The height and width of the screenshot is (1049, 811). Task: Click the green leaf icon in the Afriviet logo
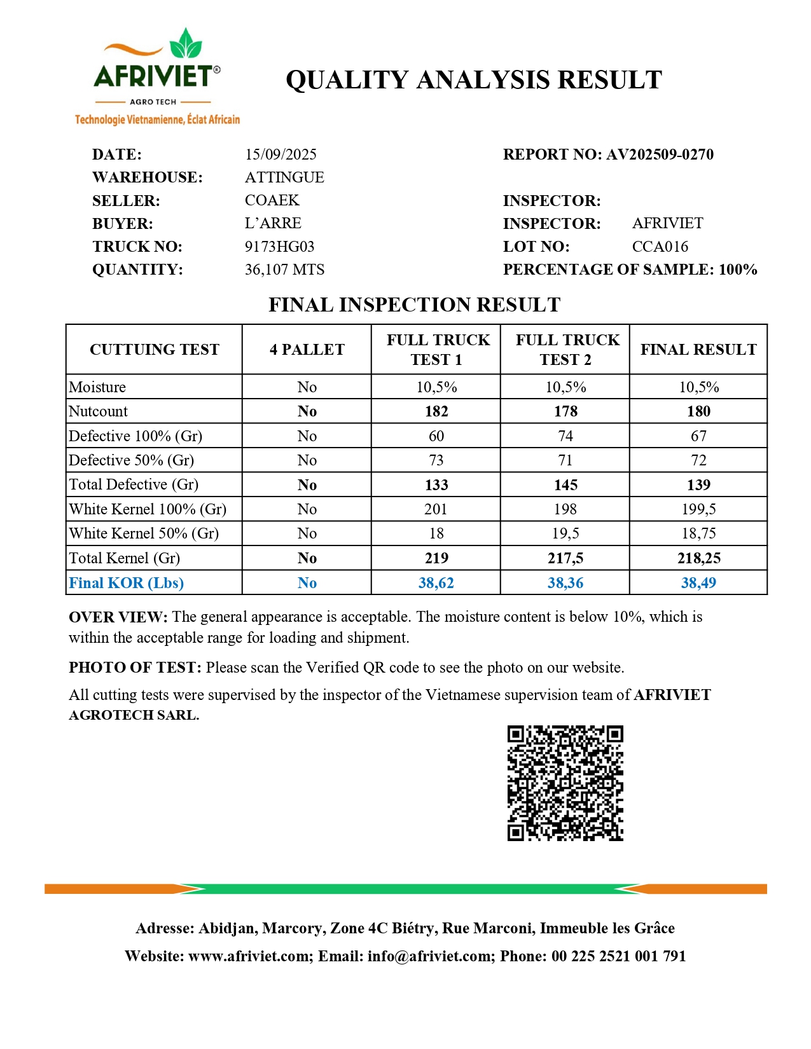click(186, 45)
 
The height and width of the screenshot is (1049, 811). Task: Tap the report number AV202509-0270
click(660, 154)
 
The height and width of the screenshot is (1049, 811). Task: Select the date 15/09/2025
click(281, 154)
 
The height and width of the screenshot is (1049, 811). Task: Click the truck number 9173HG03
click(279, 247)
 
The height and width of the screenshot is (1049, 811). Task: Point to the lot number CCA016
click(660, 247)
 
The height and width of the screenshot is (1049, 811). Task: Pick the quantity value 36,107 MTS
click(284, 270)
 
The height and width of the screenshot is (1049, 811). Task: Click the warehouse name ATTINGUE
click(284, 177)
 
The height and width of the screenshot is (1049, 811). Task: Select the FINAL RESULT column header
click(698, 350)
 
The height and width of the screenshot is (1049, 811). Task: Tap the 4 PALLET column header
click(307, 350)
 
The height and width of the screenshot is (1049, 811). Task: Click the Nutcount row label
click(98, 411)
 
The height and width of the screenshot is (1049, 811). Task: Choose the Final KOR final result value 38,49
click(698, 583)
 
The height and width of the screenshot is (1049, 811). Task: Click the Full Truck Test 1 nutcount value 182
click(436, 411)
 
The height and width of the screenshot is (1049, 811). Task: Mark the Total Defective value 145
click(565, 485)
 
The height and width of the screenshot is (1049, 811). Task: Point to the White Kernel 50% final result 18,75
click(698, 533)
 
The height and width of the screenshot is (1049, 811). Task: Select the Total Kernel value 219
click(436, 558)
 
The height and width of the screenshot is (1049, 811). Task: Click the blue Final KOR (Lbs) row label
click(126, 583)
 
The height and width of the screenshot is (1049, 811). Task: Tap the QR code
click(565, 783)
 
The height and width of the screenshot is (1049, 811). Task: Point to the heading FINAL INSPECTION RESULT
click(414, 305)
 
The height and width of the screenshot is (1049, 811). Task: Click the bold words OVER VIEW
click(118, 617)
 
